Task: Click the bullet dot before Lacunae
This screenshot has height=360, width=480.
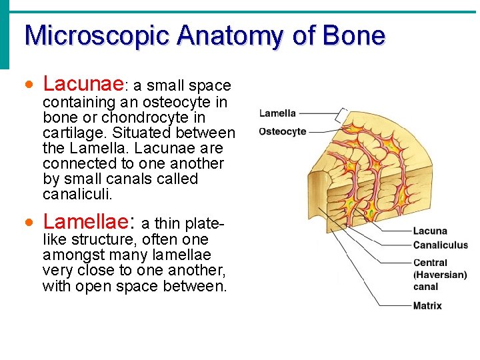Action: pyautogui.click(x=28, y=85)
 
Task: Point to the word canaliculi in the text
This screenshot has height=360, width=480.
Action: pyautogui.click(x=77, y=194)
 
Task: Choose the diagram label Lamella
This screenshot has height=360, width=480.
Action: pyautogui.click(x=277, y=113)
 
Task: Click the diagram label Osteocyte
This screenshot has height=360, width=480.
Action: pyautogui.click(x=282, y=131)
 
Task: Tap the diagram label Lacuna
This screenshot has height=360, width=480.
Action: pyautogui.click(x=430, y=231)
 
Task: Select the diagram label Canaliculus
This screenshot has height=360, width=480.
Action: pyautogui.click(x=440, y=245)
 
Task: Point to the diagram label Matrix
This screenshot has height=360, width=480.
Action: pyautogui.click(x=427, y=306)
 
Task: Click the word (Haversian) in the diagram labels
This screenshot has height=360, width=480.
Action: pyautogui.click(x=440, y=275)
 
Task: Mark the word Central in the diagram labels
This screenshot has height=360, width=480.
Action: pyautogui.click(x=430, y=263)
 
